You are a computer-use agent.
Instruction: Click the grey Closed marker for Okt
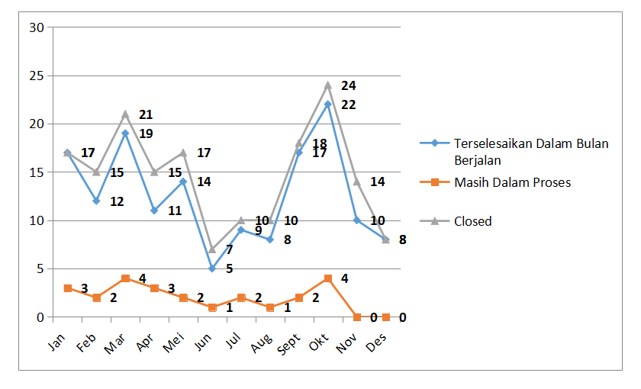pos(328,85)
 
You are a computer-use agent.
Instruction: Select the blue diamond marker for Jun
pos(212,268)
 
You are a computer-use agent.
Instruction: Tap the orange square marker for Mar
pos(125,278)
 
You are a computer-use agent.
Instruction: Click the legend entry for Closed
pos(456,221)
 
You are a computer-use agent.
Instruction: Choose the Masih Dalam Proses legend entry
pos(495,182)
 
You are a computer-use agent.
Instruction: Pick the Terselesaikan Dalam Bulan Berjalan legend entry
pos(514,152)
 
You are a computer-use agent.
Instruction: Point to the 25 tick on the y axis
pos(37,76)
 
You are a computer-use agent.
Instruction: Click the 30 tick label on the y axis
pos(37,27)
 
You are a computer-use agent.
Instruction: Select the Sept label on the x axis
pos(288,344)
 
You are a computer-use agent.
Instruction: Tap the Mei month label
pos(174,342)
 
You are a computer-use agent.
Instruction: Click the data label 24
pos(349,85)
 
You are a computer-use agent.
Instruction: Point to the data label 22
pos(349,105)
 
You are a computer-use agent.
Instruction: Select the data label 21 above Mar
pos(146,115)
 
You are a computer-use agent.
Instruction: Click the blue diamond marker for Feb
pos(96,201)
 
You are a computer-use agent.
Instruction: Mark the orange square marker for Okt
pos(328,278)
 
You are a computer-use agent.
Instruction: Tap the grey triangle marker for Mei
pos(183,153)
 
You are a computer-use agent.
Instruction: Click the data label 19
pos(146,133)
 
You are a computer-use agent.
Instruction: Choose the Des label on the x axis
pos(376,342)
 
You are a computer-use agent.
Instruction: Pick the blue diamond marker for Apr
pos(154,211)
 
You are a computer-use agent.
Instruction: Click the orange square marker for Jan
pos(68,288)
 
